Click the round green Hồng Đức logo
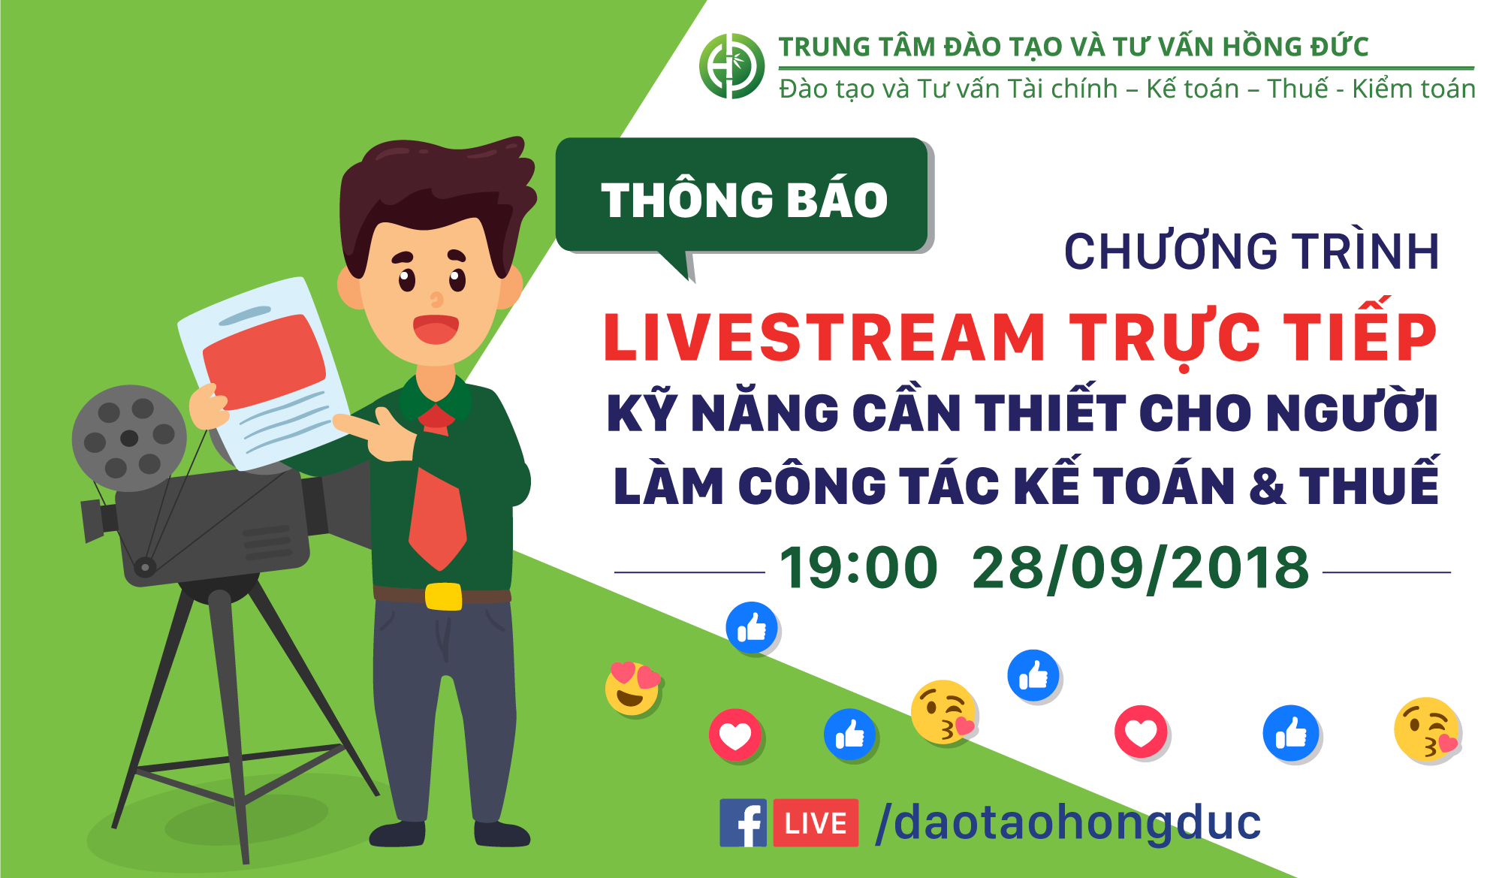731,66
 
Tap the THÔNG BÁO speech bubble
743,197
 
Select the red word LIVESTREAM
825,338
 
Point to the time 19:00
858,568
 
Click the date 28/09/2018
1140,569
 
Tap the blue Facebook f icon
743,822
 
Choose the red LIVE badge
816,823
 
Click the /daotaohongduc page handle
1068,822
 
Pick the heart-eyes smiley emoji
632,688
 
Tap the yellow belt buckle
443,596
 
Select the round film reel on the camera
128,438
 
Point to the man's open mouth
436,329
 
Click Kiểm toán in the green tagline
1413,89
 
